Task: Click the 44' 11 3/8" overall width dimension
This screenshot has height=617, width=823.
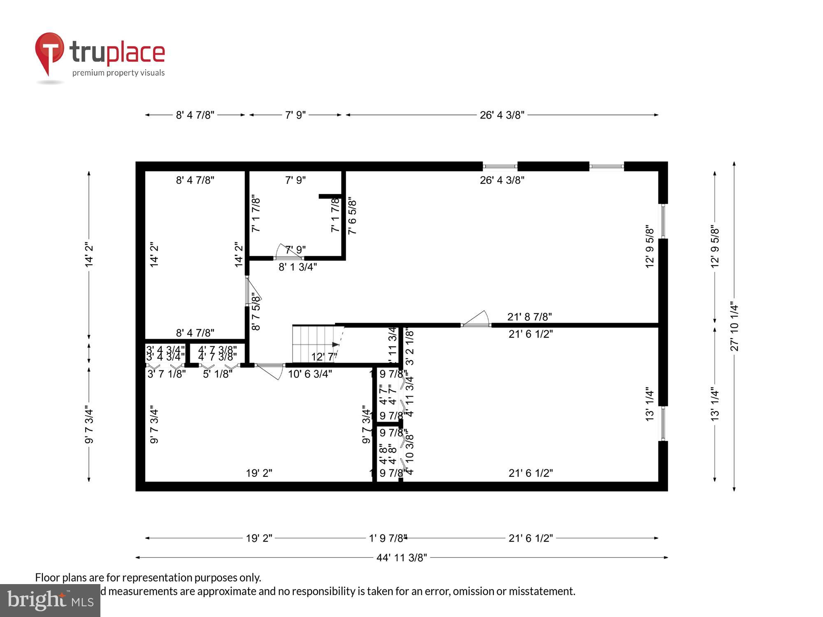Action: point(402,557)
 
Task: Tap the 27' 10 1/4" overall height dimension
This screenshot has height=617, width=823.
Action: point(735,327)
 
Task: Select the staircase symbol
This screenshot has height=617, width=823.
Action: point(315,343)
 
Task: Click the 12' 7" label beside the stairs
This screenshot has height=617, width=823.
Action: point(324,357)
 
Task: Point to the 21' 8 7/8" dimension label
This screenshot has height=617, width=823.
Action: point(529,317)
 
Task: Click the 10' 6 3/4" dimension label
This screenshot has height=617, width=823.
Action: point(309,374)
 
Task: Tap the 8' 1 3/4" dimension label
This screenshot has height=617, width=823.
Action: point(298,267)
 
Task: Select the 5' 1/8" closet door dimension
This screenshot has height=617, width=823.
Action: point(217,374)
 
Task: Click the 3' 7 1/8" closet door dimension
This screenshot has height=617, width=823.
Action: point(167,374)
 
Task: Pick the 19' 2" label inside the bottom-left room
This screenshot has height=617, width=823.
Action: point(259,473)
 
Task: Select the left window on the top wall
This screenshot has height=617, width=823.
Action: point(500,166)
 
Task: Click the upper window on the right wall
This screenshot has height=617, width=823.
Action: point(663,221)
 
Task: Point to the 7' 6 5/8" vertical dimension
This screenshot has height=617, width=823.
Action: point(352,217)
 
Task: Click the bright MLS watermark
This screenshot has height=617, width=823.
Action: point(50,600)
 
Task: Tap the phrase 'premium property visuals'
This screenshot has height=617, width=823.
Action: point(119,73)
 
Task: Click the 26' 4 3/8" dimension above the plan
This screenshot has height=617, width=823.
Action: point(502,115)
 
